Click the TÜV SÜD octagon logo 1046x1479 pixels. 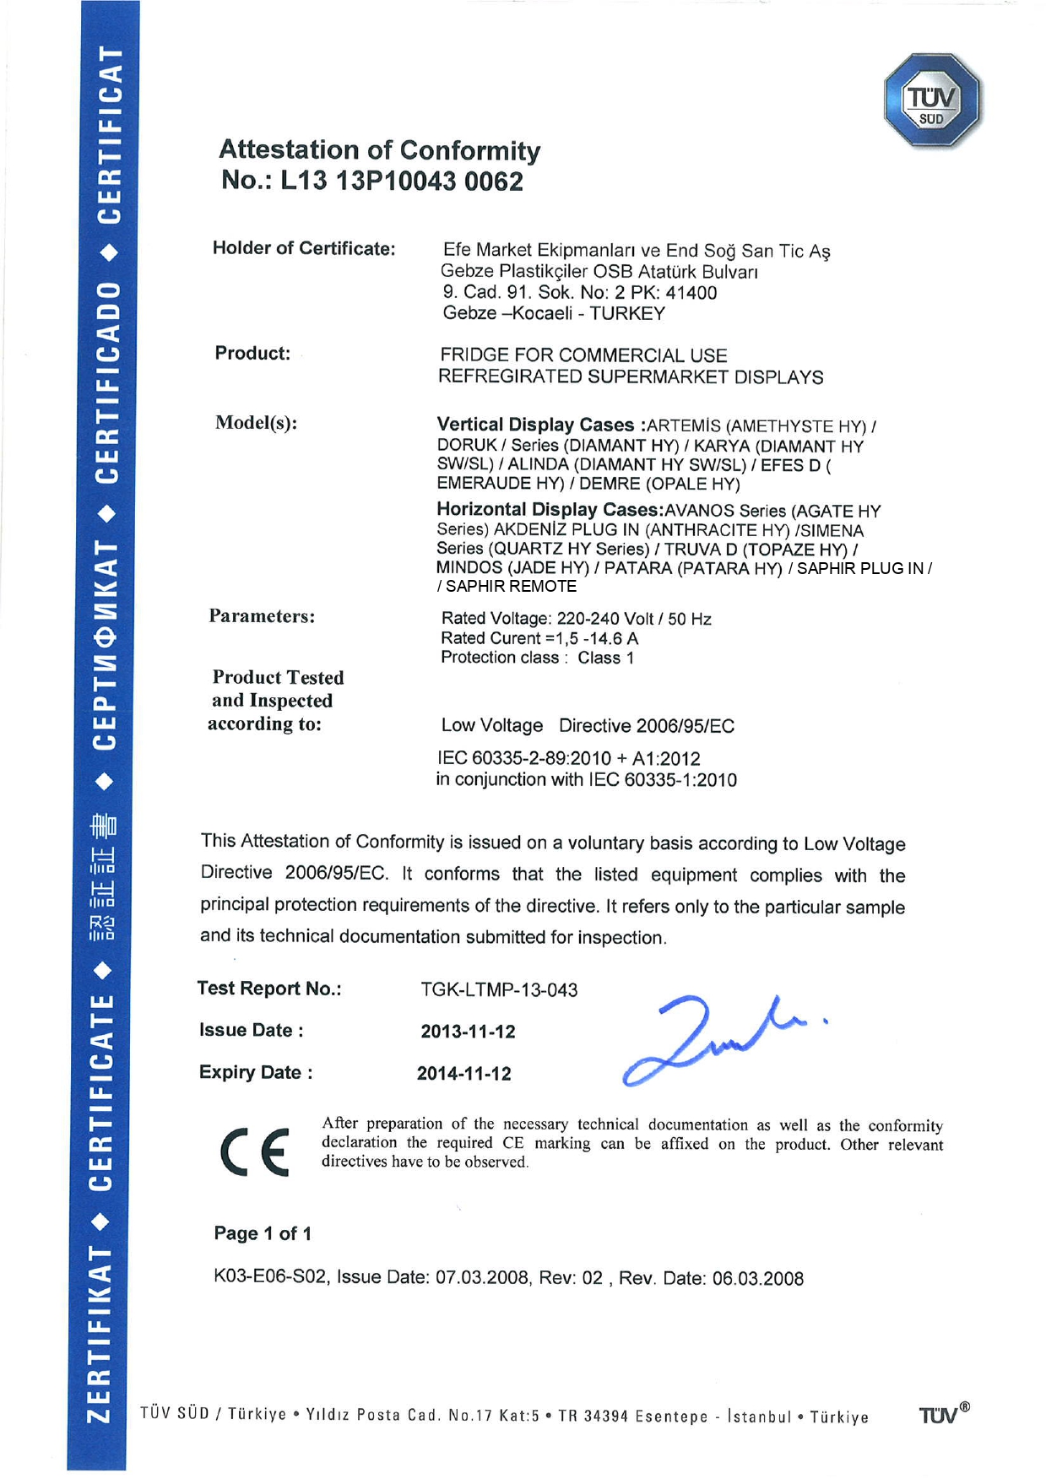point(931,100)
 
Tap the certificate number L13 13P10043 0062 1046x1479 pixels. point(401,181)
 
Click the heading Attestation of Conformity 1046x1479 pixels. point(379,150)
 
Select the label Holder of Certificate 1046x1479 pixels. point(304,248)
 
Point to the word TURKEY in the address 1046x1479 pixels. point(627,313)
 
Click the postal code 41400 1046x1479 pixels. point(691,293)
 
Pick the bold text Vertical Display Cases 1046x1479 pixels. point(535,425)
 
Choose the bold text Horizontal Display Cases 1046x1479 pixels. point(549,510)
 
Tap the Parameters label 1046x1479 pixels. point(262,616)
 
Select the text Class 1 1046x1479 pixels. point(605,658)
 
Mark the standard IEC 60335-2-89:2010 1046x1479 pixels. point(523,758)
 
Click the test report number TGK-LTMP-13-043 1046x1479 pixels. point(499,989)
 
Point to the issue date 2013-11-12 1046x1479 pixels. point(468,1032)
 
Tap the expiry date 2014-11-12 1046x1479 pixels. point(463,1074)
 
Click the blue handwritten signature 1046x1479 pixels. point(709,1037)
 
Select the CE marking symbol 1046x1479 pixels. point(254,1151)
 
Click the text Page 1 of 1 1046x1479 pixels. point(263,1233)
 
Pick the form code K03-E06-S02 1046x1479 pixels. point(269,1277)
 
